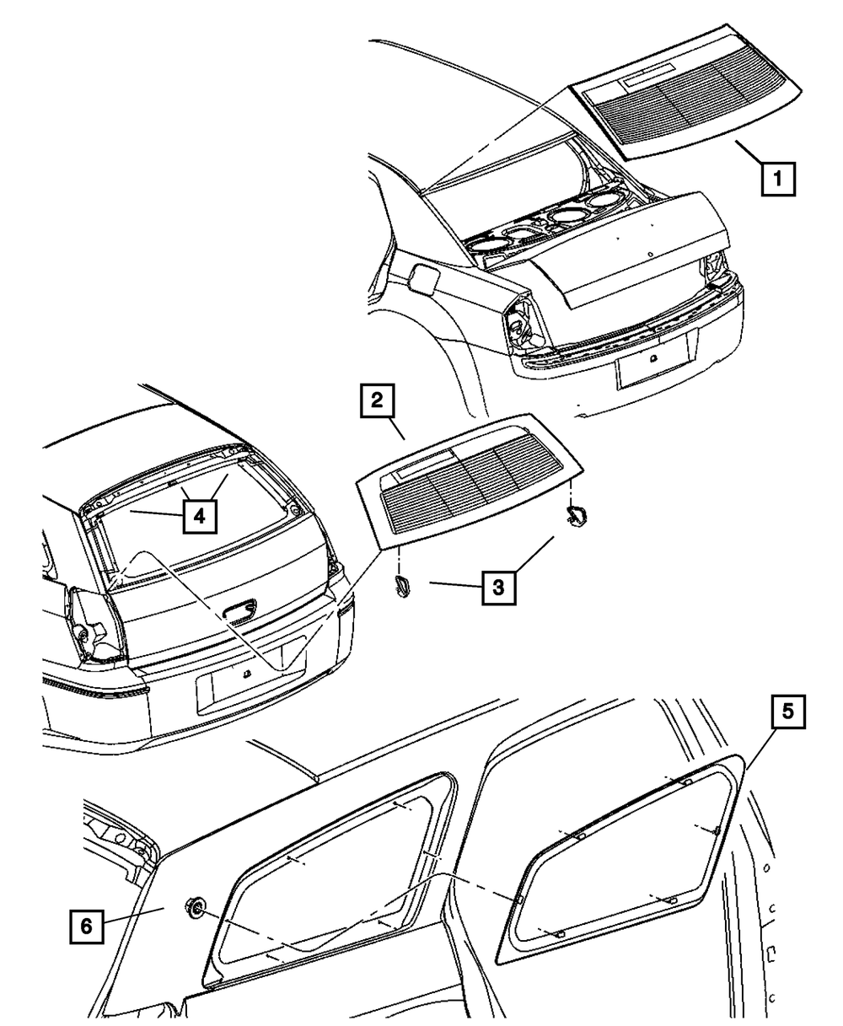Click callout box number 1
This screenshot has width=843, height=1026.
[x=778, y=180]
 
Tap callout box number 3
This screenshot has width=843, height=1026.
[x=498, y=586]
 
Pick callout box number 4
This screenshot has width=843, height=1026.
[x=199, y=515]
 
